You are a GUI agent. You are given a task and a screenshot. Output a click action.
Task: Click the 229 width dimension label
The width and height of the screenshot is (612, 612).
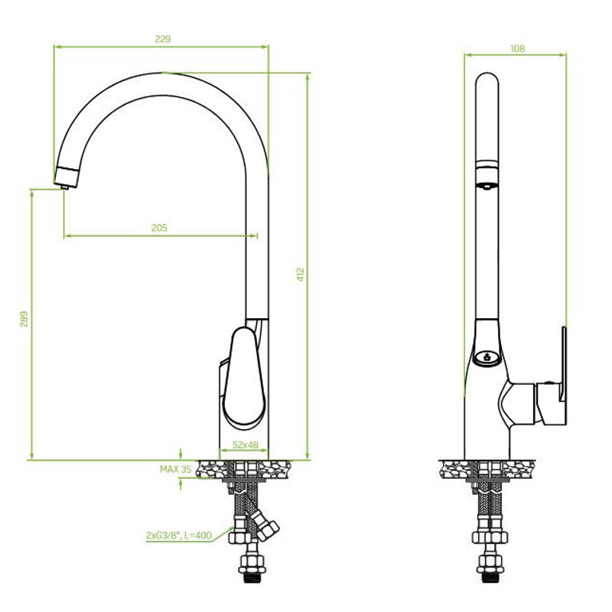pyautogui.click(x=163, y=39)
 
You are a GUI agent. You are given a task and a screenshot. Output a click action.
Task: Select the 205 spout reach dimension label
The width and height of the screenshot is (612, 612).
pyautogui.click(x=159, y=228)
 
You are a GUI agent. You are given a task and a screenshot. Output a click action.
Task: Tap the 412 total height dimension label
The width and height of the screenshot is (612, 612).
pyautogui.click(x=300, y=275)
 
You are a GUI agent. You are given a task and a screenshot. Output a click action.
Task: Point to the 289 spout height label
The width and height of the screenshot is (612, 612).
pyautogui.click(x=24, y=319)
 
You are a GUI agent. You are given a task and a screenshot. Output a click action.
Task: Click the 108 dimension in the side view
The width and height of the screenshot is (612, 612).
pyautogui.click(x=518, y=49)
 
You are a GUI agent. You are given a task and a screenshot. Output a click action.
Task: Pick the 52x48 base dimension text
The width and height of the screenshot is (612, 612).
pyautogui.click(x=246, y=444)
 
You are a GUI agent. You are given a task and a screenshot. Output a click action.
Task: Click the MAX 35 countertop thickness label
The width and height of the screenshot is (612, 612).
pyautogui.click(x=176, y=469)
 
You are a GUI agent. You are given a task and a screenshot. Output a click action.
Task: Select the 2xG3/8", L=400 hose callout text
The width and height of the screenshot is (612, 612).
pyautogui.click(x=179, y=535)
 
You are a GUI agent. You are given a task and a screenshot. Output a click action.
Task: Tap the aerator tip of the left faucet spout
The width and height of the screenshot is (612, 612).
pyautogui.click(x=65, y=187)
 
